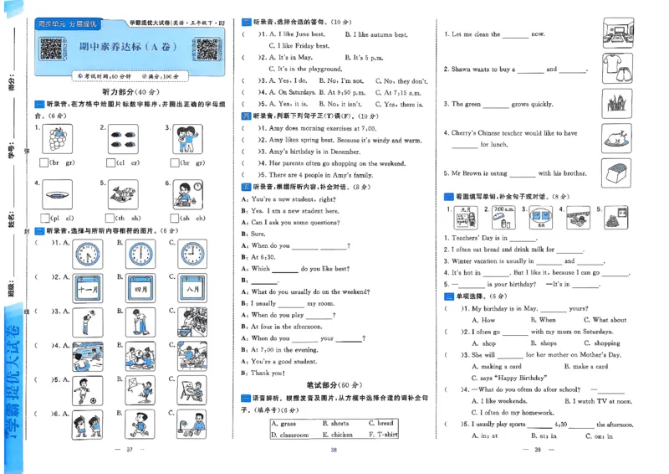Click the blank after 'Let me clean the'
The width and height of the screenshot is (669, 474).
[515, 36]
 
